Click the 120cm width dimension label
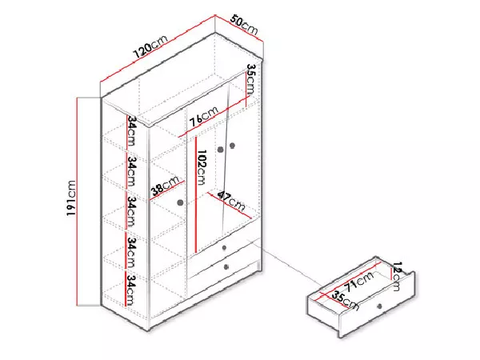point(151,47)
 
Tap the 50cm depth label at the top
point(244,25)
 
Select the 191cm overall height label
point(70,198)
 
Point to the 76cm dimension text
point(203,116)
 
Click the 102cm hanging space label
point(202,167)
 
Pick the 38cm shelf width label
point(165,186)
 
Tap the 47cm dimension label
point(231,201)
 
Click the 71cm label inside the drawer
point(359,281)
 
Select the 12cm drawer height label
point(397,276)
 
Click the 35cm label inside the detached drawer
point(345,300)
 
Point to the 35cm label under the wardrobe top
point(250,79)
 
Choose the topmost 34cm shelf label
point(132,130)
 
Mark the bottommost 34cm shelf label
point(130,290)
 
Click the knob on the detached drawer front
point(379,306)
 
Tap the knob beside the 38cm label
point(180,202)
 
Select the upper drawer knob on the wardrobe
point(224,248)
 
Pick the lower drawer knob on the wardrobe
point(226,267)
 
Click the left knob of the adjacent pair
point(221,150)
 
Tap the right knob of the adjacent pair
point(232,146)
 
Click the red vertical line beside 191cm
point(78,202)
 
